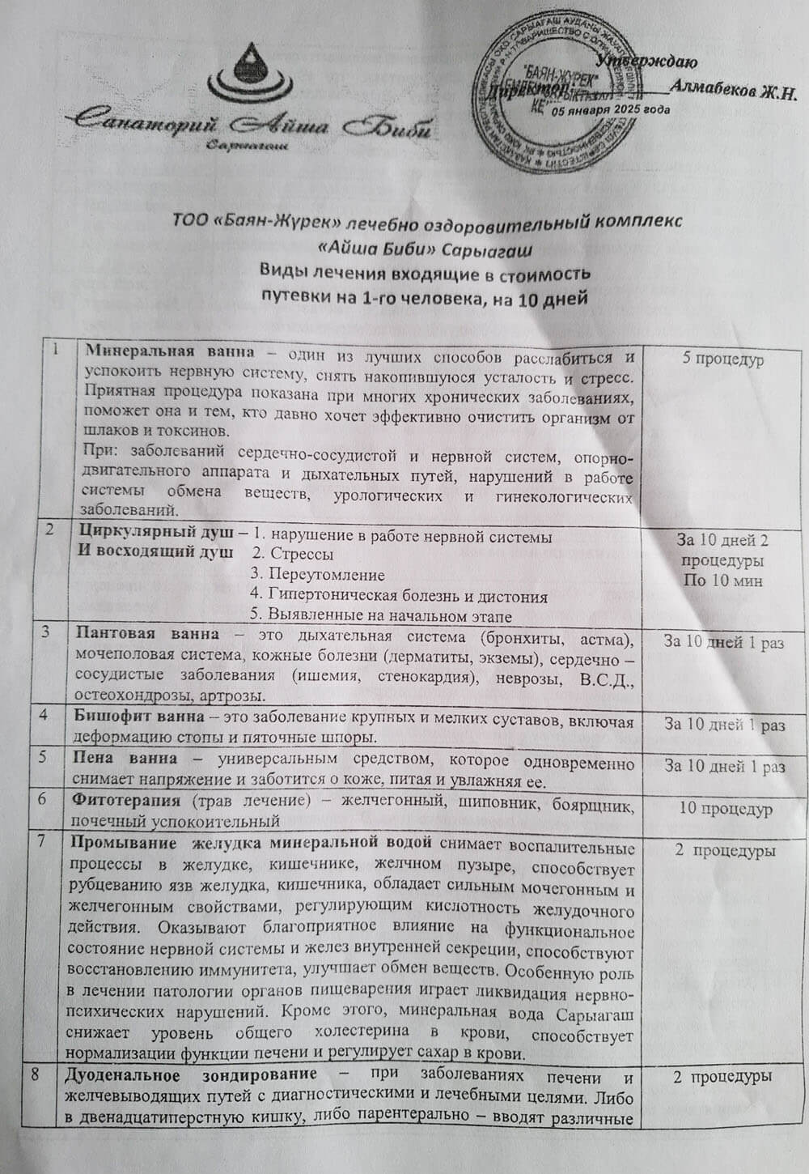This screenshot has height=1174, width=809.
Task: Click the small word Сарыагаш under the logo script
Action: pos(248,145)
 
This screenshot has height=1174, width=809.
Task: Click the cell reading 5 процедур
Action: pos(722,359)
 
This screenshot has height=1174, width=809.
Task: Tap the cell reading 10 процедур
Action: pos(726,808)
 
